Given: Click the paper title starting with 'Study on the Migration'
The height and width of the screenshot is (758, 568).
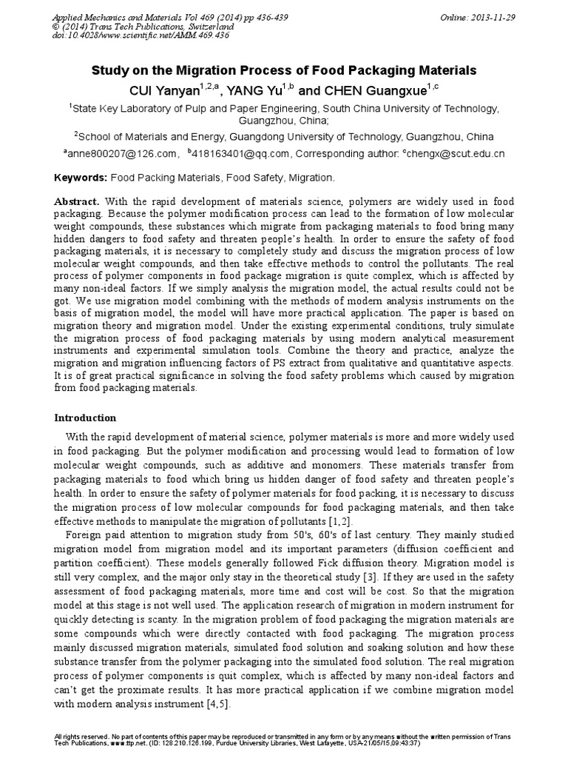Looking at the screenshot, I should coord(283,71).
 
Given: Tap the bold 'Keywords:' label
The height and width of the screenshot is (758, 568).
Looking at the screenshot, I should coord(81,178).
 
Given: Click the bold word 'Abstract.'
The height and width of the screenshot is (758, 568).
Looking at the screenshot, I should coord(78,202).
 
